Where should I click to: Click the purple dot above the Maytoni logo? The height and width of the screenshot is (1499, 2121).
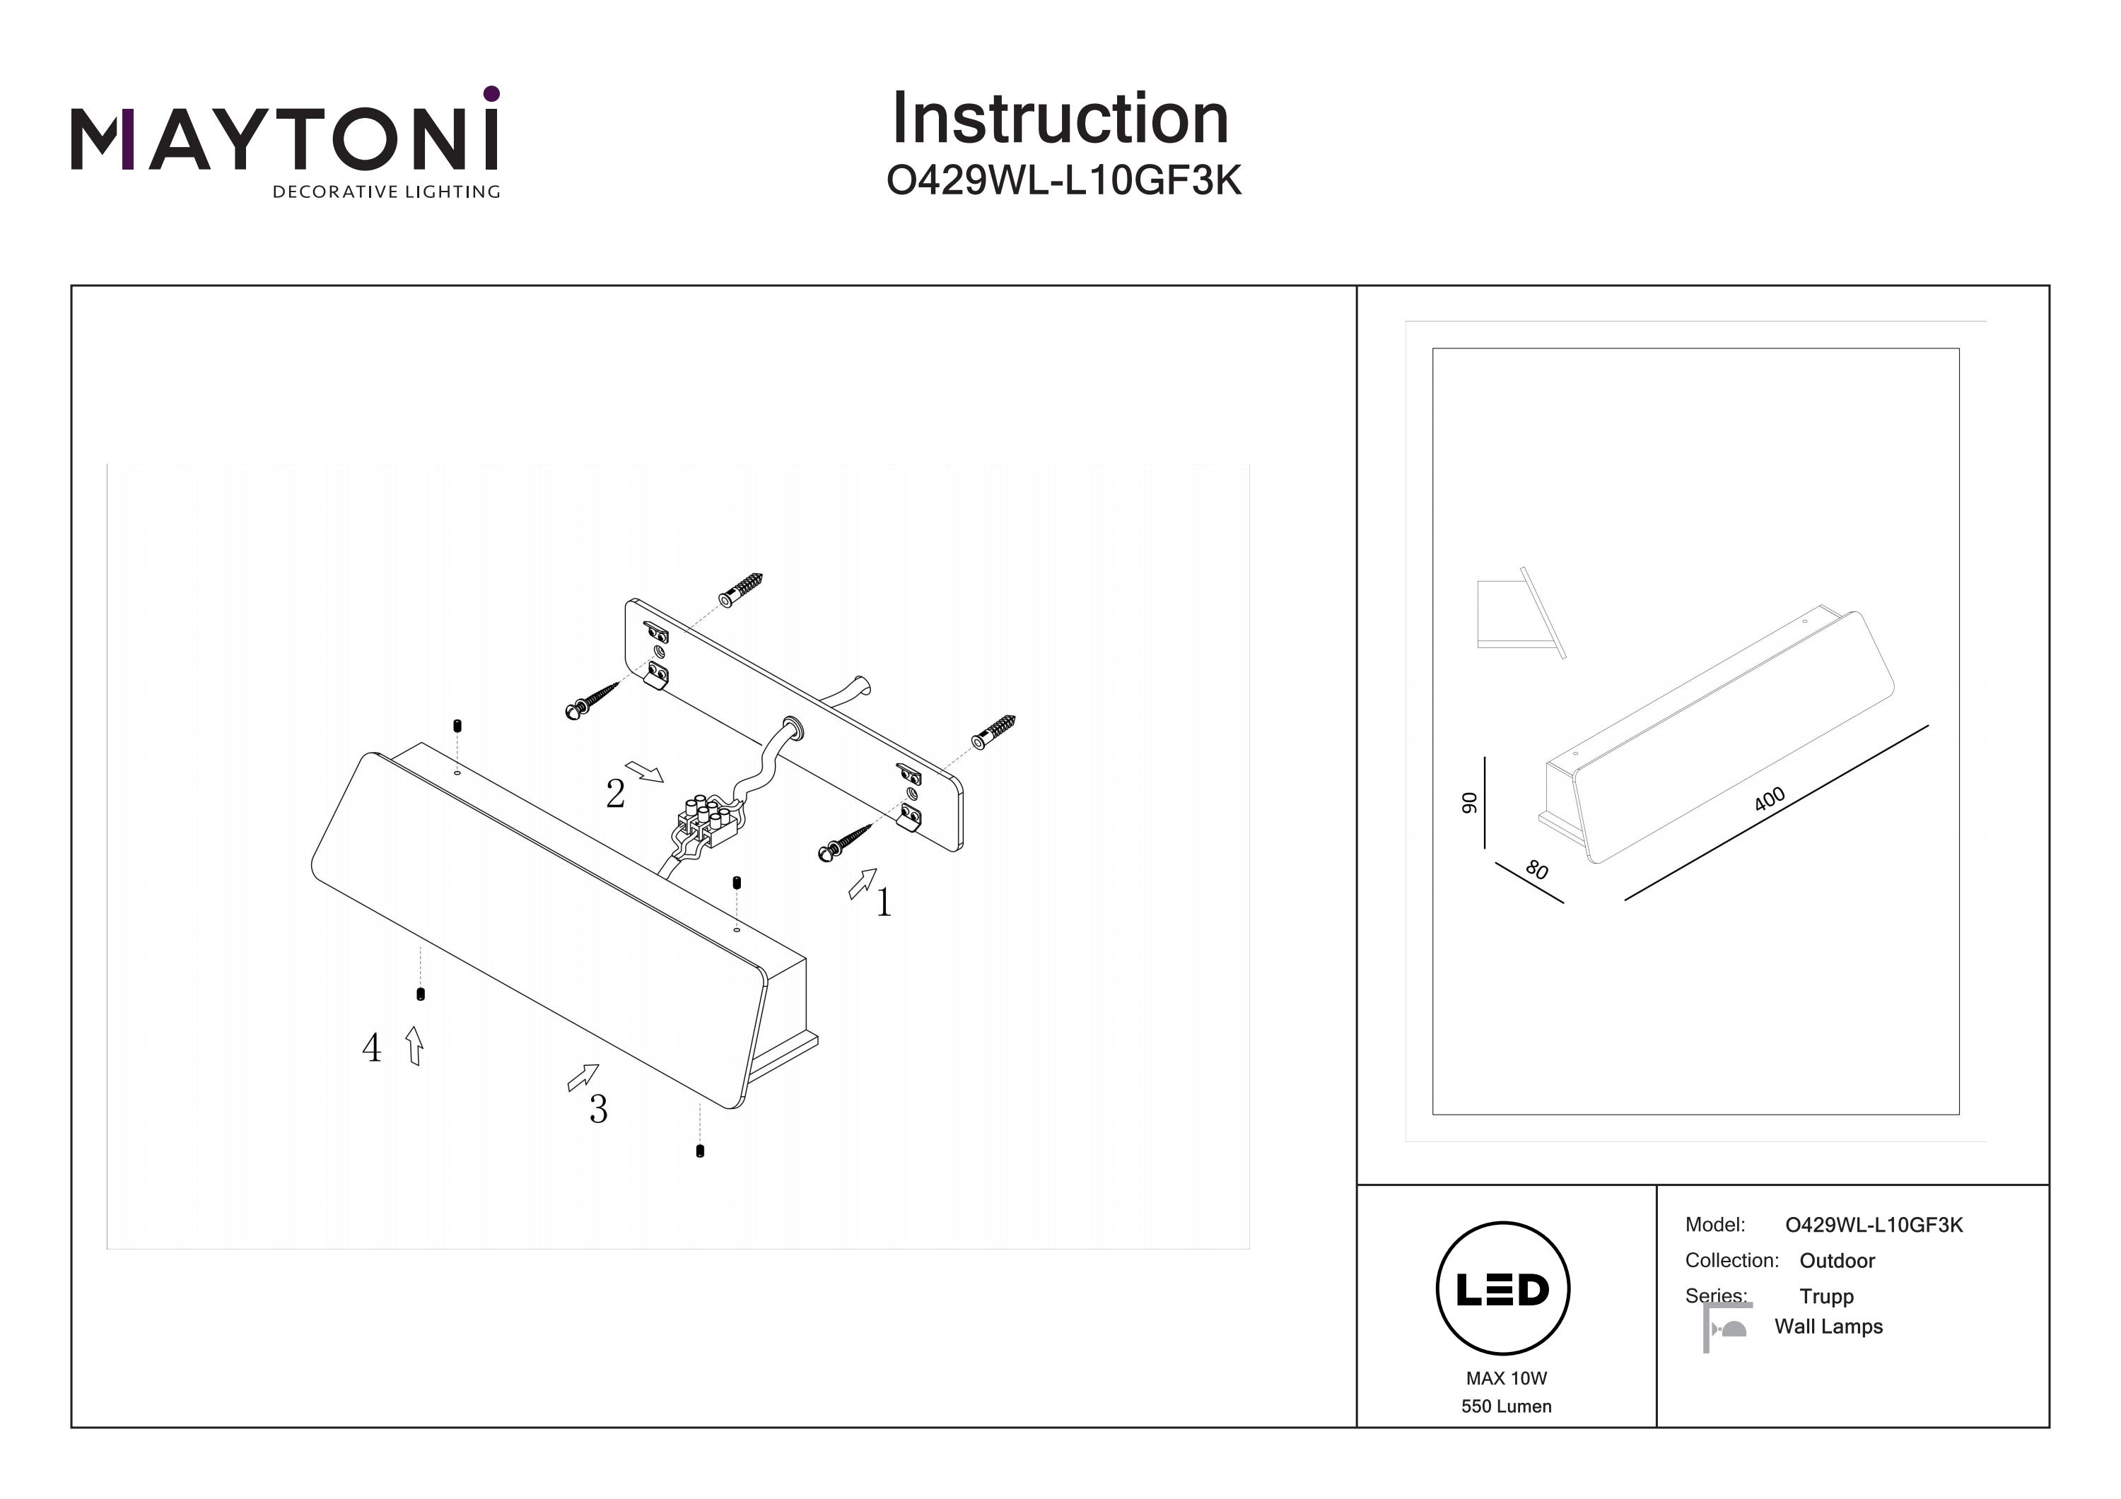click(491, 93)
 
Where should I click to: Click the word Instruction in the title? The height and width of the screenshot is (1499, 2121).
click(1060, 119)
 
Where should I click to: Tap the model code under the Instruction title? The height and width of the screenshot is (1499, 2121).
click(1063, 181)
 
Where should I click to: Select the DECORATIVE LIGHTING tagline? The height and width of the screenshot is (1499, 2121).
click(386, 192)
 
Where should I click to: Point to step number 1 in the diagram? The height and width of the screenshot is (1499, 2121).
click(884, 903)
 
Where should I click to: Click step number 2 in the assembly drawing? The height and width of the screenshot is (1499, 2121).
click(615, 794)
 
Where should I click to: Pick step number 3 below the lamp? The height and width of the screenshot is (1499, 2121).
click(599, 1110)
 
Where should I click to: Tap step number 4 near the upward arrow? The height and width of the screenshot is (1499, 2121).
click(371, 1047)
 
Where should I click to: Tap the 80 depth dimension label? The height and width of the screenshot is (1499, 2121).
click(1537, 869)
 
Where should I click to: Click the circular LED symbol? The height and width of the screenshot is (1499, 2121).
click(1503, 1289)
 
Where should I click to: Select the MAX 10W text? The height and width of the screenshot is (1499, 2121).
click(1506, 1378)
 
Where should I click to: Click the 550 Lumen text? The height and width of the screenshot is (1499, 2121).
click(1506, 1406)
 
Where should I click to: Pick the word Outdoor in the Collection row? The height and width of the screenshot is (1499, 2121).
click(1837, 1261)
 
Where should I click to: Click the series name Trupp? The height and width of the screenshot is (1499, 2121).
click(1826, 1297)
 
